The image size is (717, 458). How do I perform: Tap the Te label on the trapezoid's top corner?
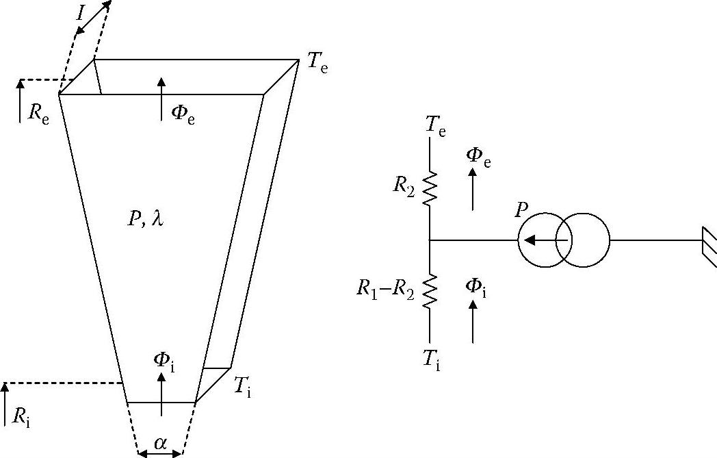click(315, 64)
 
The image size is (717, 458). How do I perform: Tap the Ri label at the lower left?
click(21, 416)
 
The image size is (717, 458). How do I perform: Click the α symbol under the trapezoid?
click(160, 443)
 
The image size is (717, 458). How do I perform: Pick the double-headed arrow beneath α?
click(160, 453)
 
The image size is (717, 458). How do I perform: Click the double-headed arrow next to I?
click(93, 18)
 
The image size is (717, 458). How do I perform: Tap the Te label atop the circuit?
click(435, 125)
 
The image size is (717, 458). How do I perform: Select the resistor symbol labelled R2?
click(429, 189)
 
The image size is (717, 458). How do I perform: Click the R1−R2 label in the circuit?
click(384, 289)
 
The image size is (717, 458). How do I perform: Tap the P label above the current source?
click(522, 209)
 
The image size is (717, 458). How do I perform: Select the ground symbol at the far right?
click(709, 241)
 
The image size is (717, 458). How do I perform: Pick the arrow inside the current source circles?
click(545, 240)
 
